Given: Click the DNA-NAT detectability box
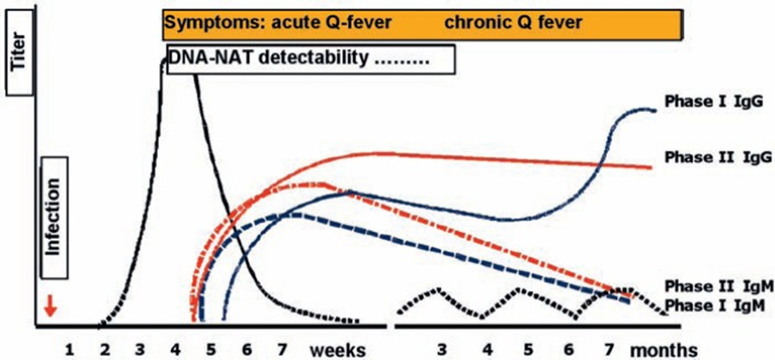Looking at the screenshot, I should tap(310, 59).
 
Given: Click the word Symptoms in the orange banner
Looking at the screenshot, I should tap(204, 22).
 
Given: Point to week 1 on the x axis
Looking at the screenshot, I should tap(69, 349).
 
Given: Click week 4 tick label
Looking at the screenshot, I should tap(175, 349).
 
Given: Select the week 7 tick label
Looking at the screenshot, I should tap(281, 349).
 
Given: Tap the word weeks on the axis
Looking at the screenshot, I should tap(337, 349).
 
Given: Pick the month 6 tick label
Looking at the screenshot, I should tap(568, 349).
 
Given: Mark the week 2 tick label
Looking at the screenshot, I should tap(104, 349).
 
